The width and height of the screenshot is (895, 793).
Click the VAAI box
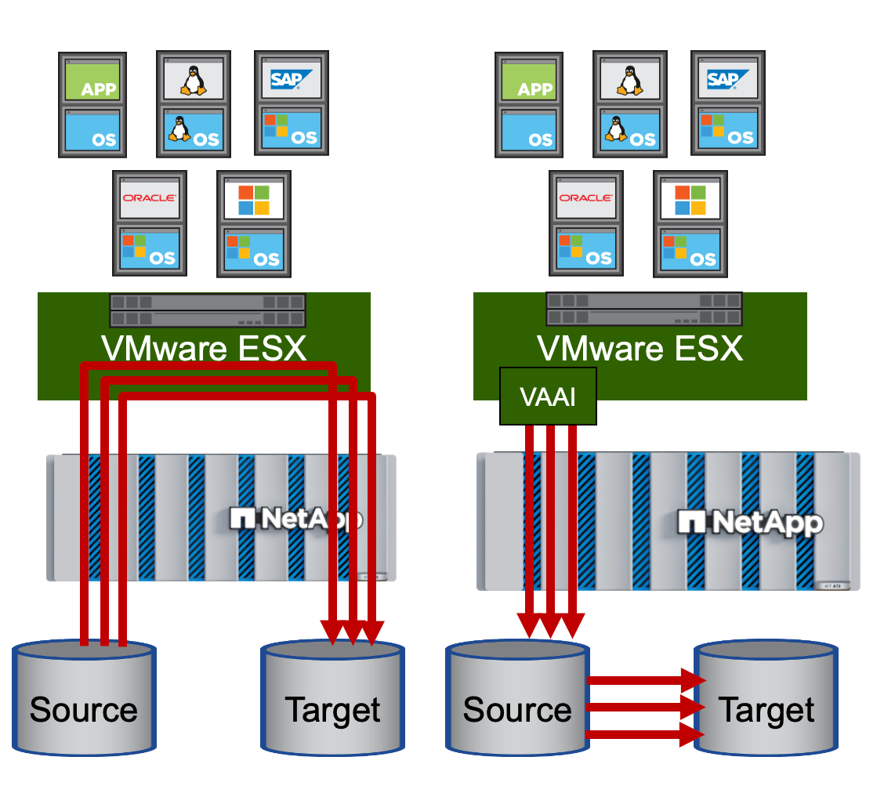[x=548, y=396]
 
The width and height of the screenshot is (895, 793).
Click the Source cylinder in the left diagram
[x=84, y=698]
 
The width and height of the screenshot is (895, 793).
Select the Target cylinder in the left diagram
[x=333, y=698]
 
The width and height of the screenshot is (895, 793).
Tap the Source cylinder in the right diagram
[x=517, y=698]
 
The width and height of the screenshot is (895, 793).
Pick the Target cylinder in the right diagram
[x=766, y=698]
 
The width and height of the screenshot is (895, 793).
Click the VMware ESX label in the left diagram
[x=204, y=348]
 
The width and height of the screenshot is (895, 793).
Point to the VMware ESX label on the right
[x=640, y=348]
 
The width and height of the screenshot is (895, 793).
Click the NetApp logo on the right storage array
[x=750, y=523]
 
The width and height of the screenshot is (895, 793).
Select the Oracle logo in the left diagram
[x=150, y=198]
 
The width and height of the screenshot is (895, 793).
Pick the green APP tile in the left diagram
[x=92, y=81]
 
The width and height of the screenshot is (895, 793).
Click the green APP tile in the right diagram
[x=529, y=81]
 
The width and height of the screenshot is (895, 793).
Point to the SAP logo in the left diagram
[x=291, y=79]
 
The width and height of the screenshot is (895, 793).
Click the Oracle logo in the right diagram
[x=586, y=198]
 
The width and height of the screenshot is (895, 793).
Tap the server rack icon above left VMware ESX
[x=208, y=310]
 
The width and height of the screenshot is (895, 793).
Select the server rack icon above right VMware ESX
[x=644, y=309]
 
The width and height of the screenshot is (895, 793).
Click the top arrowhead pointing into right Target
[x=693, y=680]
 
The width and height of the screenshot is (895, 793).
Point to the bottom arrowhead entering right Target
[x=693, y=735]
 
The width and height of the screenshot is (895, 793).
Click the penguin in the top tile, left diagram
[x=193, y=81]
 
